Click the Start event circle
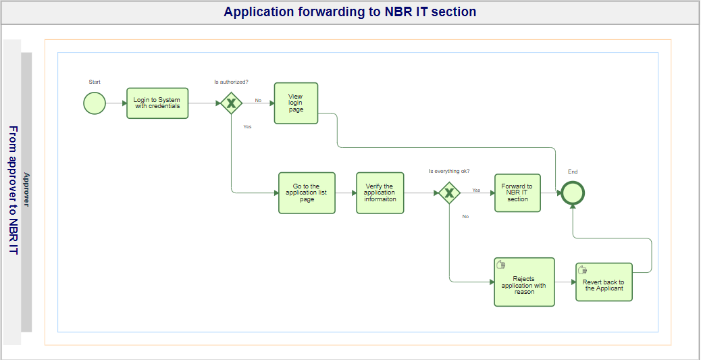click(95, 103)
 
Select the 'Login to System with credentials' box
click(157, 103)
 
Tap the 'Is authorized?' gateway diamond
click(231, 103)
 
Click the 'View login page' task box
click(296, 103)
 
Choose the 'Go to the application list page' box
click(307, 192)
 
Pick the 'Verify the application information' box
click(380, 192)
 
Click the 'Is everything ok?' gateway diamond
click(449, 192)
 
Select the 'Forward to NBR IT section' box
click(517, 192)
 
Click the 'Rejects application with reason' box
click(524, 282)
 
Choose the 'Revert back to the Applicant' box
click(604, 282)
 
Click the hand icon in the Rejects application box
click(501, 264)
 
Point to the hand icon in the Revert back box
click(583, 269)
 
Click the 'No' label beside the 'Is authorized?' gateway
click(258, 100)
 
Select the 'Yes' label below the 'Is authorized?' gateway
click(247, 126)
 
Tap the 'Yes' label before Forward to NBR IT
click(476, 190)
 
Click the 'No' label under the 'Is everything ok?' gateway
click(465, 216)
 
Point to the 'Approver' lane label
click(26, 190)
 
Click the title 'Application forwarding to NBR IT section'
click(350, 11)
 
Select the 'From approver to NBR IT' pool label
click(14, 190)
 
